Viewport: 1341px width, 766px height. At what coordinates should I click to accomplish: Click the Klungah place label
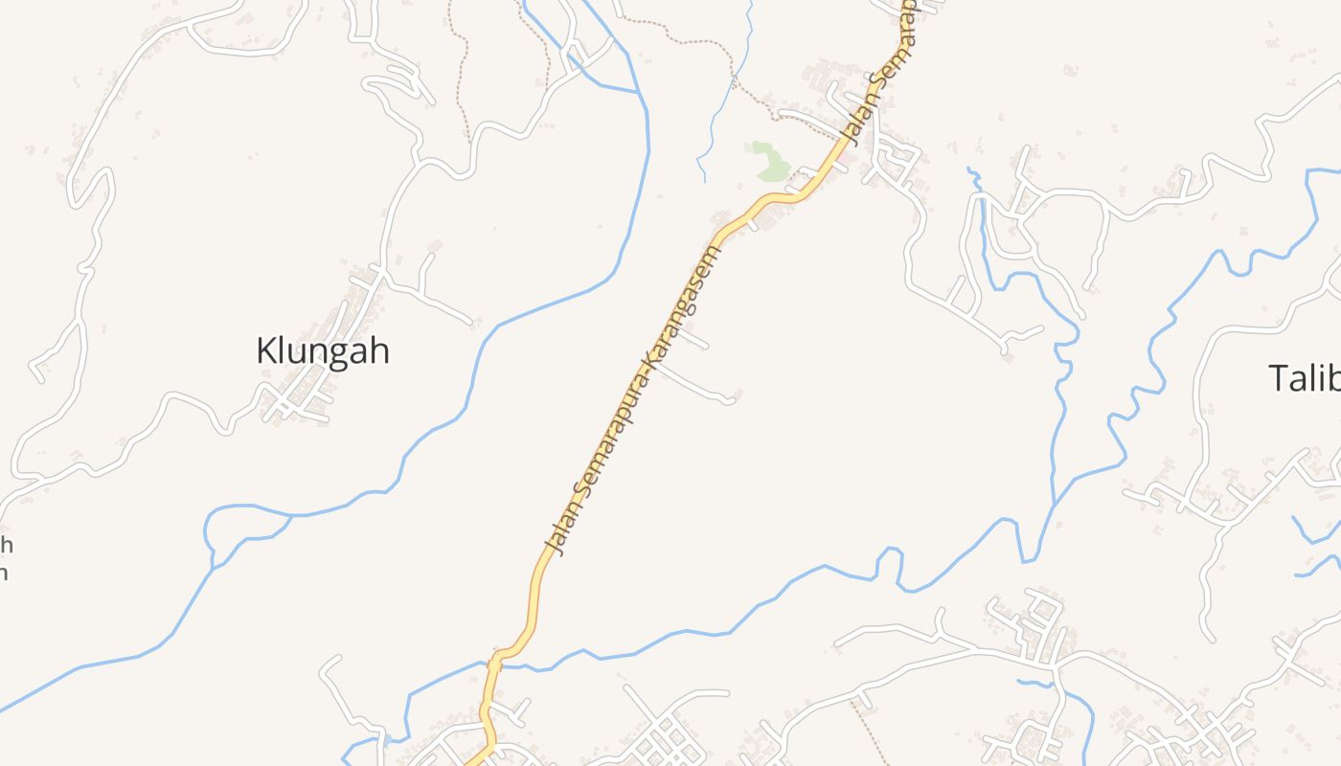click(x=322, y=351)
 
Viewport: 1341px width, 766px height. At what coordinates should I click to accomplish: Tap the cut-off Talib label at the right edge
click(x=1304, y=378)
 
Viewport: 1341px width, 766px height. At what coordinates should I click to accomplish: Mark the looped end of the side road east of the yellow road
click(x=730, y=398)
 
